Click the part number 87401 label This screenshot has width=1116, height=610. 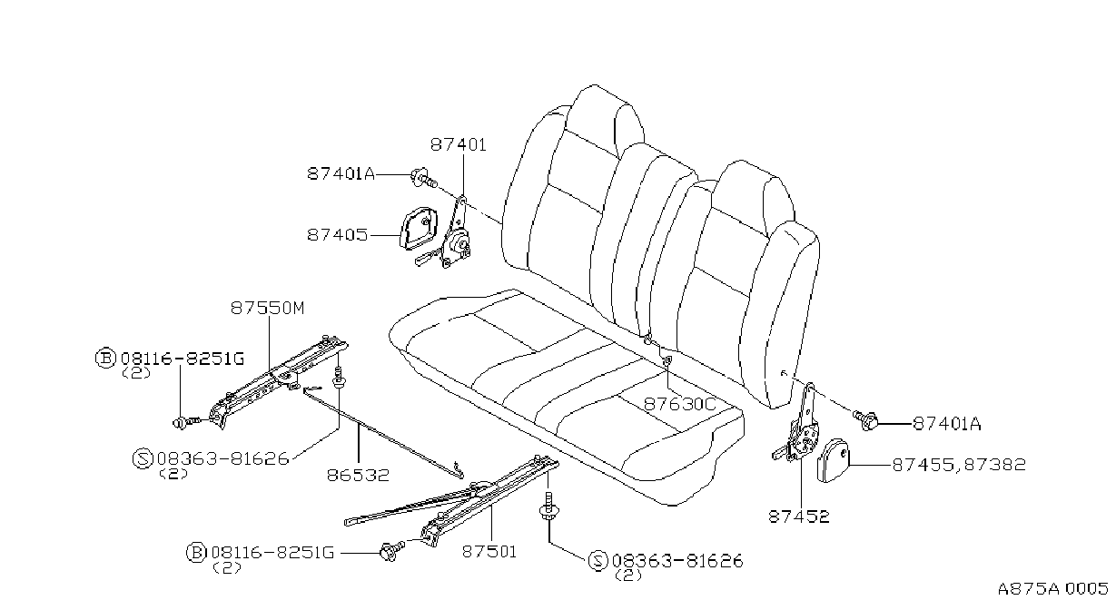[x=458, y=145]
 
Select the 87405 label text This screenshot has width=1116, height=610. [x=337, y=234]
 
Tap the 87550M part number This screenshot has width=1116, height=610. [x=267, y=309]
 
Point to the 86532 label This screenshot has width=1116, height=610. [x=358, y=475]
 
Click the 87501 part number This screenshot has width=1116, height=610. [x=489, y=552]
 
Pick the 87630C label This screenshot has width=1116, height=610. [x=679, y=404]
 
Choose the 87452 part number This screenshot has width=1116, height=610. [x=799, y=517]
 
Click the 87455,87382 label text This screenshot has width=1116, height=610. [x=959, y=465]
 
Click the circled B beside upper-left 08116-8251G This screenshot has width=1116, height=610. [x=105, y=359]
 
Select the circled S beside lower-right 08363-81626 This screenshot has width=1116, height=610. [x=598, y=561]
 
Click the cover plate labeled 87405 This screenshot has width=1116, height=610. [x=419, y=229]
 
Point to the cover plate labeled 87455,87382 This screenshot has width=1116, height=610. [x=833, y=460]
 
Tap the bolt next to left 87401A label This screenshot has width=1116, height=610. [x=423, y=179]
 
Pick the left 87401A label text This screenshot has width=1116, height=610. [x=341, y=173]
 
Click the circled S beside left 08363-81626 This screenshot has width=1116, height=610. [x=143, y=458]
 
